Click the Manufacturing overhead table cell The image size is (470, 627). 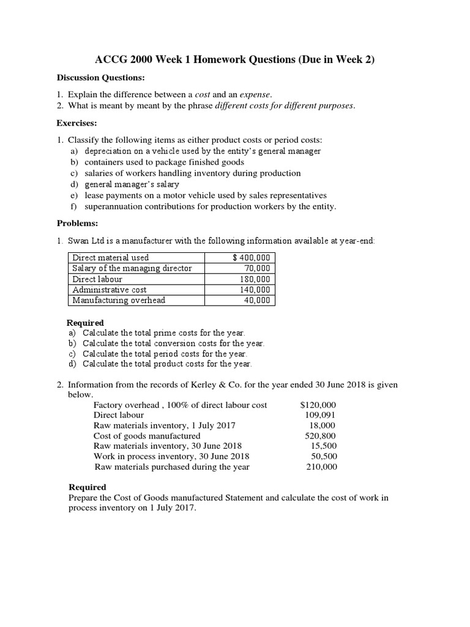[119, 300]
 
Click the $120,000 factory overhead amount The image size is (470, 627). [318, 405]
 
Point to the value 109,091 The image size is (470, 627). [321, 415]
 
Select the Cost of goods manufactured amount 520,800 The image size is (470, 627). [321, 436]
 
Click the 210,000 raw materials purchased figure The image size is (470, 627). [321, 467]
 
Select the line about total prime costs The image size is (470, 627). [163, 333]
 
